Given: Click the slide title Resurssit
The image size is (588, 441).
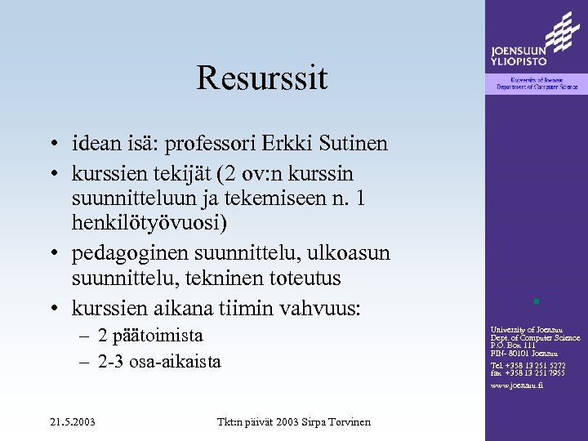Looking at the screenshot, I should click(x=261, y=78).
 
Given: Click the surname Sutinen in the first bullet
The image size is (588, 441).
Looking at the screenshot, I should click(x=352, y=145).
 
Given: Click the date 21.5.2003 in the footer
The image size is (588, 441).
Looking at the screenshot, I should click(x=71, y=421).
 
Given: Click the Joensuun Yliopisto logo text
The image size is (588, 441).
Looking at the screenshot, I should click(x=519, y=56).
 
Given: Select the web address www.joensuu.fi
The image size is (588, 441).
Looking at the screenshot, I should click(x=516, y=385).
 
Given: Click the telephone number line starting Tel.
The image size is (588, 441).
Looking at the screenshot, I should click(x=527, y=365).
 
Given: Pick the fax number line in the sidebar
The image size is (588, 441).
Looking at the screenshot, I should click(x=527, y=373).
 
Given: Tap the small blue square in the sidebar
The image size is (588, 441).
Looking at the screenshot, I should click(x=536, y=301).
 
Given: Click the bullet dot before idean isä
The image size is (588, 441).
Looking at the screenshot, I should click(x=51, y=145).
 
